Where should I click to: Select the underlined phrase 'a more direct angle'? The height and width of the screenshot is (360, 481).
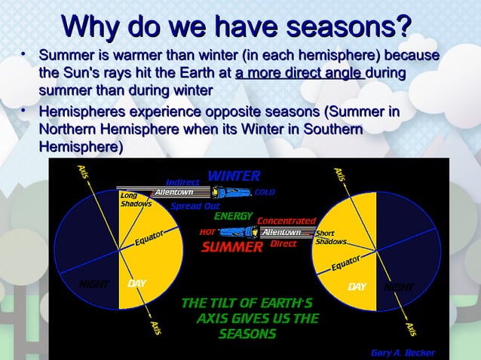click(299, 73)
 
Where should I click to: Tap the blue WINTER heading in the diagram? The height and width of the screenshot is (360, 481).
click(234, 176)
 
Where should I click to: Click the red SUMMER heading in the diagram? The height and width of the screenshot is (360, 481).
click(231, 247)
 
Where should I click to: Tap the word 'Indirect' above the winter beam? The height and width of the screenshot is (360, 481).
click(182, 182)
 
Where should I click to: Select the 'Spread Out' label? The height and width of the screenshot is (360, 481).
click(195, 205)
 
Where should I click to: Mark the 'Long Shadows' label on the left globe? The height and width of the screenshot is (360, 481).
click(136, 200)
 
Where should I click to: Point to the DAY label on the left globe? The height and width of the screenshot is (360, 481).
click(136, 284)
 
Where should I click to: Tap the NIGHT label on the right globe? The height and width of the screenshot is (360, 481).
click(400, 287)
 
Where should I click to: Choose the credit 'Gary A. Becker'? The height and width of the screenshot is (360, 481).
click(403, 352)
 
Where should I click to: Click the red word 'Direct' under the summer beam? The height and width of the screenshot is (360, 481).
click(283, 244)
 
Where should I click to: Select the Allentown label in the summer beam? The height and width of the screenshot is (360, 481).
click(280, 232)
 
